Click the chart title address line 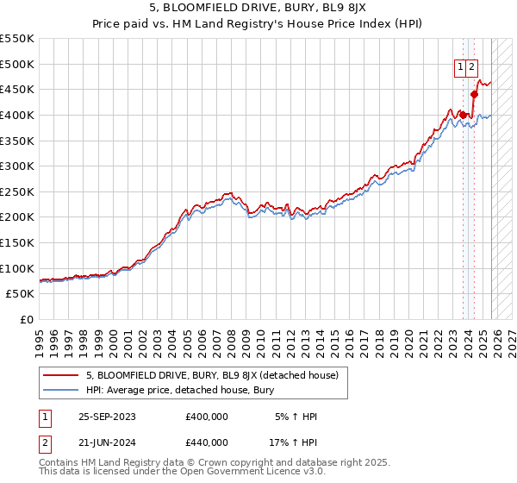258,10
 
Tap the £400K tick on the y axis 17,115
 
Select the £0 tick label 26,319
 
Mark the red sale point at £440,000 474,94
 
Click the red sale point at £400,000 464,115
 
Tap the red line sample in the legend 61,375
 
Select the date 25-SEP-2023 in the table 106,417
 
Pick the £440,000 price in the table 207,442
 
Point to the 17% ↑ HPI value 293,442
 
